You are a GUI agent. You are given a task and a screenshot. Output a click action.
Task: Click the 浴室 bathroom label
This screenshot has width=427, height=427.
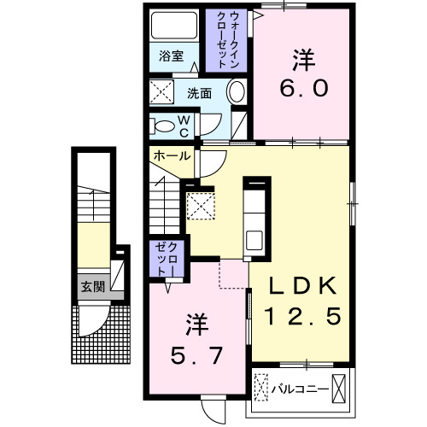point(172,57)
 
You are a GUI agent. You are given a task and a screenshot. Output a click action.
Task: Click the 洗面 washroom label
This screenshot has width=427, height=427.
point(200,93)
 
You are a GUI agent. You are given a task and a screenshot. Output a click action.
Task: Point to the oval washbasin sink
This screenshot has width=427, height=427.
point(237,92)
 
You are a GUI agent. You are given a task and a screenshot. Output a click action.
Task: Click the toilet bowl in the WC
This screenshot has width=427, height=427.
point(162,126)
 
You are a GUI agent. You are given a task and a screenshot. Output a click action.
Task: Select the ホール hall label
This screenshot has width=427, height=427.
point(172,156)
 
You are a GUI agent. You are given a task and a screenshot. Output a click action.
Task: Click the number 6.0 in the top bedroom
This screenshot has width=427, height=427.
point(303,88)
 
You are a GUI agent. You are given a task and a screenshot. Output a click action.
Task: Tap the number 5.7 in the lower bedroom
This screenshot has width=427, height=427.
point(194,352)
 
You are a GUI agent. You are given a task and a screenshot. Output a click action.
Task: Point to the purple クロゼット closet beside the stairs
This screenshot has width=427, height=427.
point(162,258)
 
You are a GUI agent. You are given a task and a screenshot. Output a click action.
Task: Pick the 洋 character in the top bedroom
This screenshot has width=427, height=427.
point(303,60)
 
